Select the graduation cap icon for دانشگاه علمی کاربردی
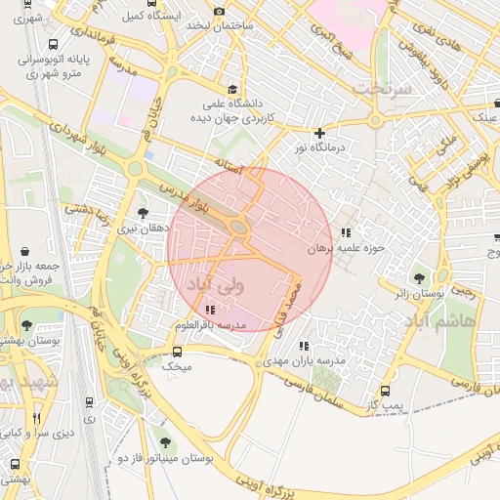click(230, 89)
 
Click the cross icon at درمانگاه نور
click(318, 133)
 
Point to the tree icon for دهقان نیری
click(143, 213)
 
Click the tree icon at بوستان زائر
click(421, 278)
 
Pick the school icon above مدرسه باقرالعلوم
click(211, 311)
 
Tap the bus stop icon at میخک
click(177, 352)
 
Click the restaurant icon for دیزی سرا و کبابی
click(37, 418)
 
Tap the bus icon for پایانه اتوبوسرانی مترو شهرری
click(52, 44)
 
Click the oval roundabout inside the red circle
click(238, 228)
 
